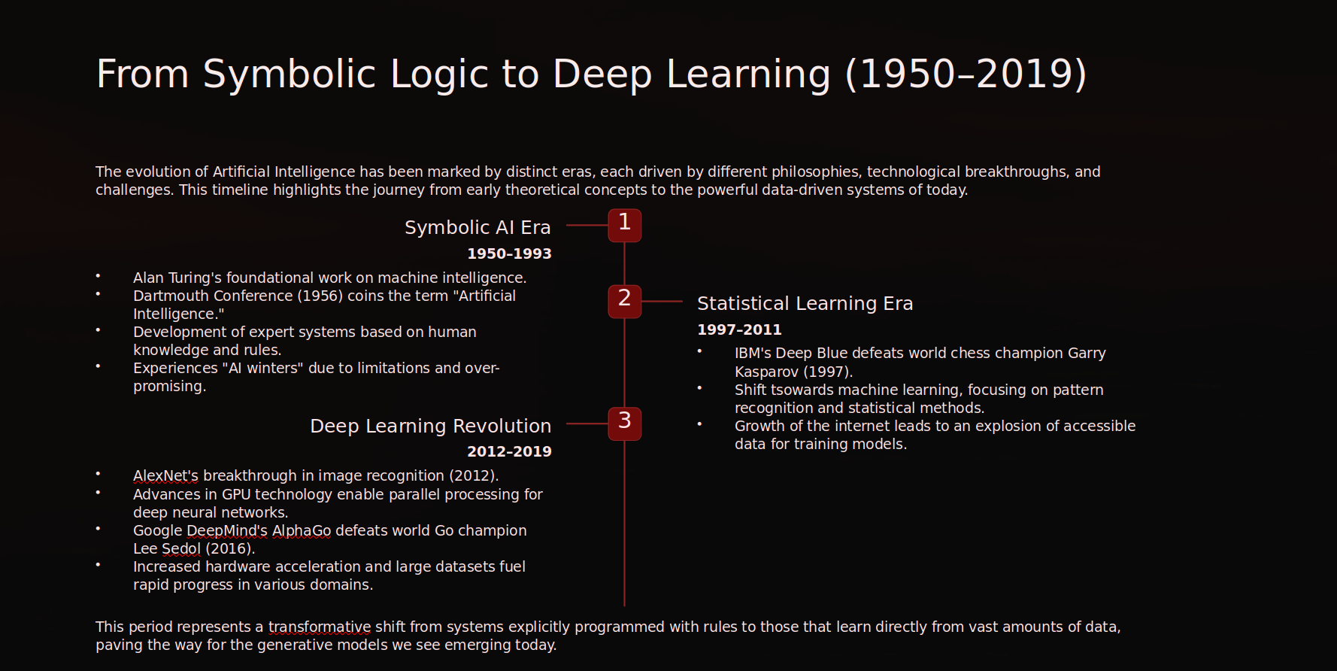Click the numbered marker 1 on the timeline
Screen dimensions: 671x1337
(624, 225)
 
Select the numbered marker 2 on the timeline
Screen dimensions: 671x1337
(624, 301)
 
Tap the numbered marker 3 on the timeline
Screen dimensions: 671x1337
(624, 424)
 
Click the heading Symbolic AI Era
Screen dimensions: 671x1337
(477, 227)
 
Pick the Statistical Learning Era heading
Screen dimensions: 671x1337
(805, 303)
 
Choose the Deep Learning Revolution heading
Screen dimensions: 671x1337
(430, 426)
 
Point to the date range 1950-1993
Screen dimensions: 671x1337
(509, 254)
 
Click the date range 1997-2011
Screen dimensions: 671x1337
(739, 329)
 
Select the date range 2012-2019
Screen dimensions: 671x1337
(509, 451)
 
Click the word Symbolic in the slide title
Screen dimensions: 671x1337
(290, 74)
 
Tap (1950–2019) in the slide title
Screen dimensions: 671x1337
(966, 74)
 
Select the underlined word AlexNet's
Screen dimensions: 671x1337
(165, 475)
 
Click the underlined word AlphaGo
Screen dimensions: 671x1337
(301, 530)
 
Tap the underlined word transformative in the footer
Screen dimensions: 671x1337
(320, 627)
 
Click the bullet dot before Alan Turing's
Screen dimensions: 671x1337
(98, 276)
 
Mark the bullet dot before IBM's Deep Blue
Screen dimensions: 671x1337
(699, 351)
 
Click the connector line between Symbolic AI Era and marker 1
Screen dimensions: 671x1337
(587, 225)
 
